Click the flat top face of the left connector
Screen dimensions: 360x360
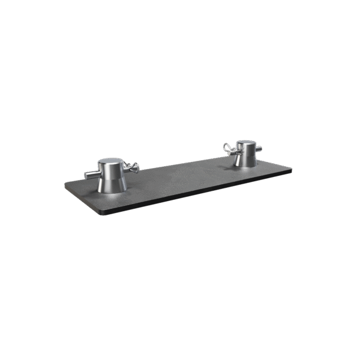pos(111,162)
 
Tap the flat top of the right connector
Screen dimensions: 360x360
pos(245,143)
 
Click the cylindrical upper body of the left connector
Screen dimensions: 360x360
pos(112,170)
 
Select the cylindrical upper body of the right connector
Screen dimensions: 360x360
pos(245,150)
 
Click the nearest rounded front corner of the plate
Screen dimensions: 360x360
pos(104,212)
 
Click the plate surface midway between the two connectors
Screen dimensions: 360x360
pos(180,177)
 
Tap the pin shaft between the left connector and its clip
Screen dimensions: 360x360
pos(128,169)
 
